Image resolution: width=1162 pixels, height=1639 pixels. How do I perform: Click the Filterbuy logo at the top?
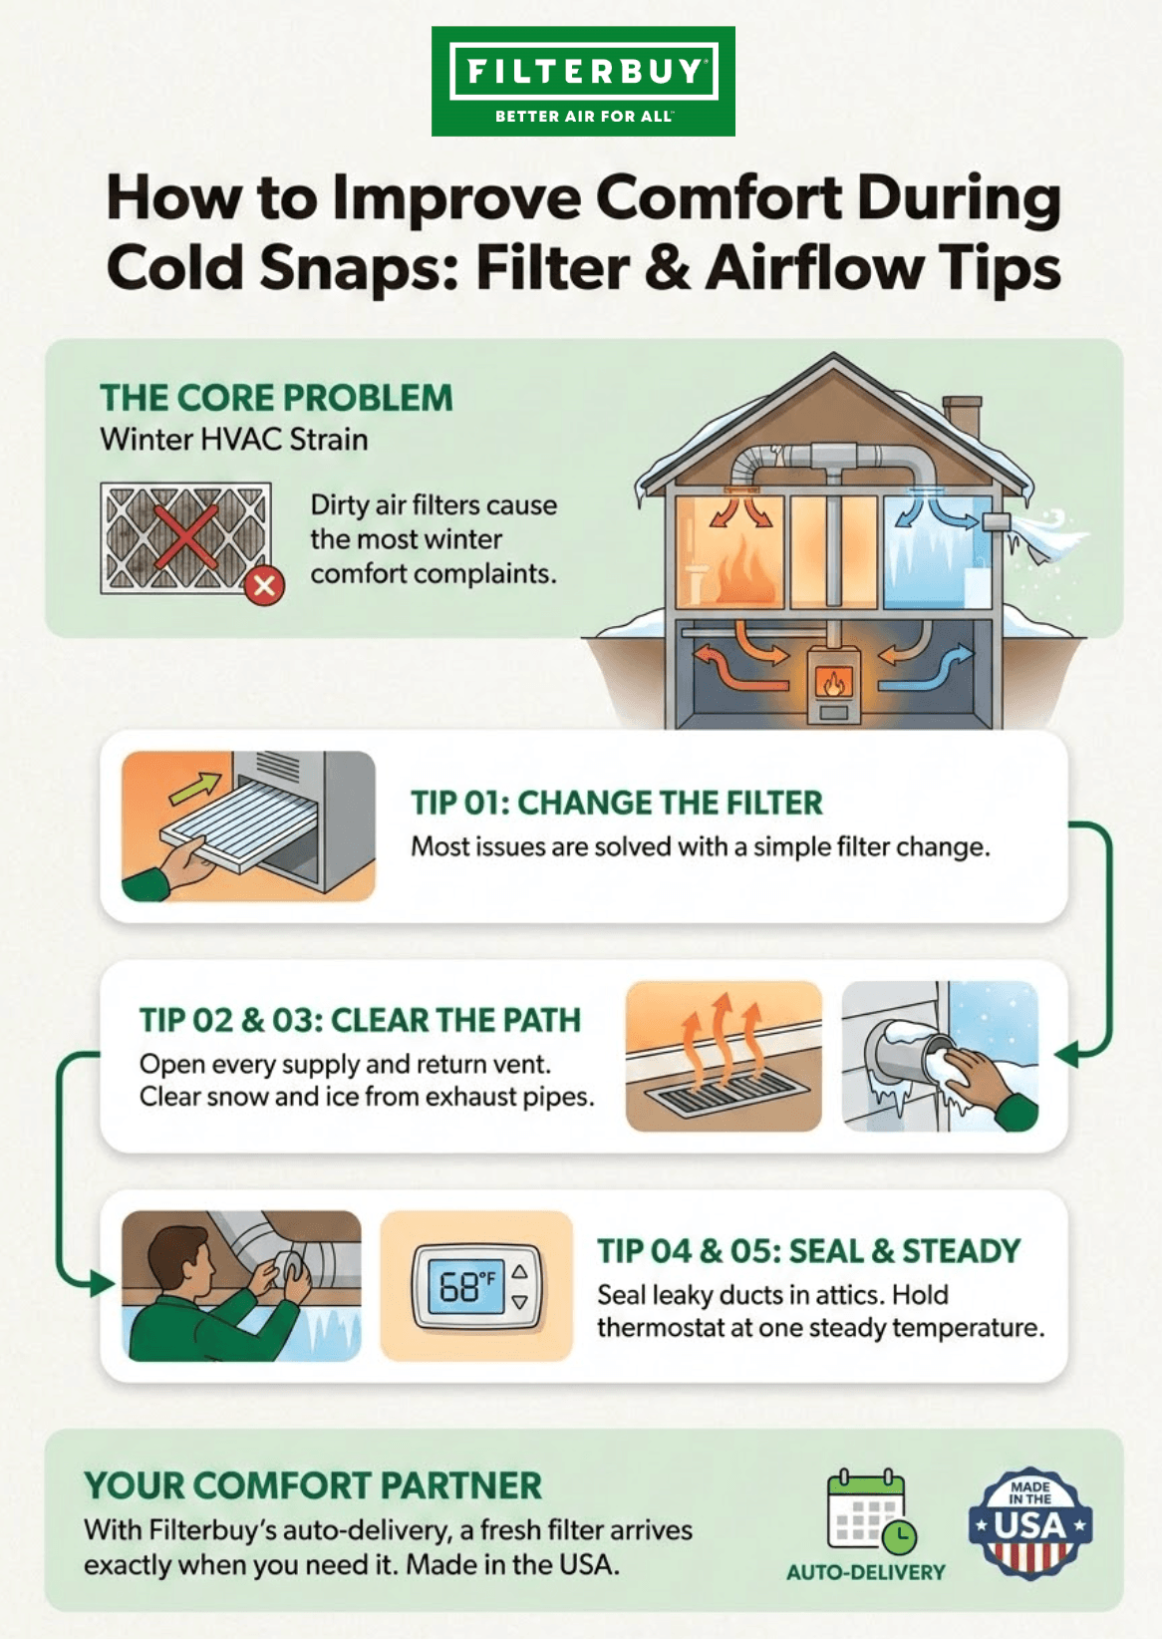pos(583,81)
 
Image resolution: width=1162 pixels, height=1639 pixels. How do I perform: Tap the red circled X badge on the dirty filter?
pos(265,585)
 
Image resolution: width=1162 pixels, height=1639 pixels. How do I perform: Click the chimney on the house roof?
pos(963,417)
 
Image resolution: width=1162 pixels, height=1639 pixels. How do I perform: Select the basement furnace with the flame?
pos(834,684)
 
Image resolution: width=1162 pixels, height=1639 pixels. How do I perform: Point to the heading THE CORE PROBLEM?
pos(276,398)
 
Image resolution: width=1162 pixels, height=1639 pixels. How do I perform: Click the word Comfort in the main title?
pos(719,196)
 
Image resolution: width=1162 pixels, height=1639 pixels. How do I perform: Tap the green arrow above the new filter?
pos(194,788)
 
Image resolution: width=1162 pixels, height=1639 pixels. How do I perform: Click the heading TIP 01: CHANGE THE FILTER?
pos(617,803)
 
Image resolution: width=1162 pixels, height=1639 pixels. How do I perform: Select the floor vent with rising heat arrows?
pos(724,1057)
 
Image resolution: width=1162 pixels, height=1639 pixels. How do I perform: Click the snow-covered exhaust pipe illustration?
pos(941,1057)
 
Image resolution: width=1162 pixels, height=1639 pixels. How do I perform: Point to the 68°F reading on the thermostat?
pos(466,1286)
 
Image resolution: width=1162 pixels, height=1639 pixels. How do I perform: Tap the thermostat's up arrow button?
pos(520,1272)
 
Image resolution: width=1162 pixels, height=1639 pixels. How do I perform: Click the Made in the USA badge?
pos(1030,1522)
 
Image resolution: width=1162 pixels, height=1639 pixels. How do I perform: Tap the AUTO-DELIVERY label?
pos(866,1572)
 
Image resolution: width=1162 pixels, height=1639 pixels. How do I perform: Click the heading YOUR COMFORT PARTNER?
pos(313,1486)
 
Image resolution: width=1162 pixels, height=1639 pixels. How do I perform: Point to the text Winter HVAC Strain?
pos(234,440)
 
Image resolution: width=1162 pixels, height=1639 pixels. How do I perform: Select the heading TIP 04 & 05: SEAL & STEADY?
pos(809,1251)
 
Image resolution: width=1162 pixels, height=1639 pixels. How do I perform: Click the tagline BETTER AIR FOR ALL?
pos(583,117)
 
